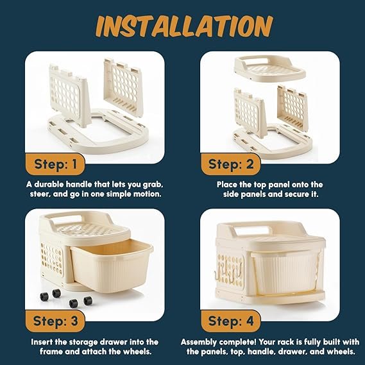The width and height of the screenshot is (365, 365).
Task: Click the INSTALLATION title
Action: [184, 26]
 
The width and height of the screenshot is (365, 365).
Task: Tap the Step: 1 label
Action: [55, 164]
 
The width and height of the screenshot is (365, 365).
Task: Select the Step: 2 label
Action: [231, 164]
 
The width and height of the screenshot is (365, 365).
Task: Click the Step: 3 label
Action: [55, 321]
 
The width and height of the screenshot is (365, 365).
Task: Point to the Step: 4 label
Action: [231, 321]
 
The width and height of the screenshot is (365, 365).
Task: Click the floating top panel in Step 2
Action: [269, 69]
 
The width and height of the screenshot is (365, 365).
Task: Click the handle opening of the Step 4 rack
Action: [253, 230]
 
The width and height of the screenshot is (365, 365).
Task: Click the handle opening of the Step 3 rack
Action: [67, 220]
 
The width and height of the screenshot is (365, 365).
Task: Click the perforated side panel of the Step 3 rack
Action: [52, 259]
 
